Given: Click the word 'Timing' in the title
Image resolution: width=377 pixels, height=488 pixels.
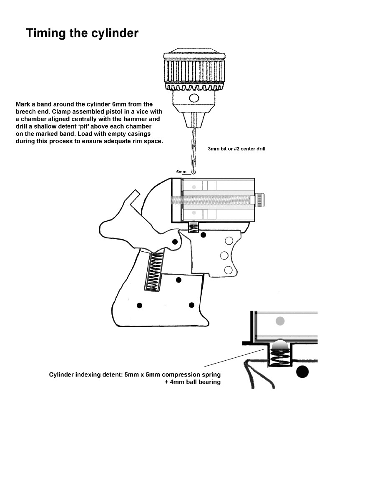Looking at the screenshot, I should pos(46,33).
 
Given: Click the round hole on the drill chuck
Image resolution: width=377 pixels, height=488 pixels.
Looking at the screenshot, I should pos(194,99).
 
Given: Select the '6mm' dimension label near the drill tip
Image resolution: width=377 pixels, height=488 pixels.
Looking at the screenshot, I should pos(181,172).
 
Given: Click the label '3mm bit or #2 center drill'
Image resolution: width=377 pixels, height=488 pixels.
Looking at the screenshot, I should pos(236,149).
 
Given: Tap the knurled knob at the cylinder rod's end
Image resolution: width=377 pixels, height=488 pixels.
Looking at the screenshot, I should pos(261,200).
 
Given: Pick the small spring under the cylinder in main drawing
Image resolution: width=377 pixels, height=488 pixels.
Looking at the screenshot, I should pos(194,228).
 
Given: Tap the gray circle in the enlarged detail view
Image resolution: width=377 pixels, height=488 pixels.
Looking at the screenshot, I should pos(280,321).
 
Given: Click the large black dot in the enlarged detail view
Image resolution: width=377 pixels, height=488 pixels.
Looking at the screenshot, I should pos(302,371).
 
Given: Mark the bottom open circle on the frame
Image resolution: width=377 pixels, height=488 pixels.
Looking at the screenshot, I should pos(228,270).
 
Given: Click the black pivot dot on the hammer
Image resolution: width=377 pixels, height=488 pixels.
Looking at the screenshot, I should pos(175,242).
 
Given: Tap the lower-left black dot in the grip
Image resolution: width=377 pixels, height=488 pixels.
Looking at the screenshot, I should pos(139,306).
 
